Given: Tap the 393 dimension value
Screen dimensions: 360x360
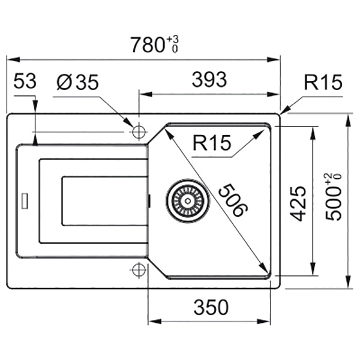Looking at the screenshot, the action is pyautogui.click(x=209, y=80).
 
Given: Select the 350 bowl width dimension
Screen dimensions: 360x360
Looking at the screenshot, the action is pyautogui.click(x=211, y=307).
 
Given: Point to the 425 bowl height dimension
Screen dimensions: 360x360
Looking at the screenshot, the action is pyautogui.click(x=298, y=203).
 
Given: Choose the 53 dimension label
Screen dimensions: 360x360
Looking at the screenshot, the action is pyautogui.click(x=25, y=81).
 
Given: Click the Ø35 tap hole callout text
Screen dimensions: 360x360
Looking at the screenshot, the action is pyautogui.click(x=77, y=82).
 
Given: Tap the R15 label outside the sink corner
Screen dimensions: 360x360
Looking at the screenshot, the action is pyautogui.click(x=323, y=82).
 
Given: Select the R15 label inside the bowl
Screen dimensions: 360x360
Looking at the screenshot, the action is pyautogui.click(x=212, y=143).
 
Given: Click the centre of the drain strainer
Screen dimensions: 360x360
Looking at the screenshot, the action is pyautogui.click(x=188, y=201).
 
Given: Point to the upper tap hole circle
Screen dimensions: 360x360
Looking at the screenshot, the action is pyautogui.click(x=139, y=132).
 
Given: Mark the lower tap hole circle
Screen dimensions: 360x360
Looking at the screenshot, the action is pyautogui.click(x=139, y=270).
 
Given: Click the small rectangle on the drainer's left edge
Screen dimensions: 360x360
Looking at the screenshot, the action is pyautogui.click(x=25, y=201).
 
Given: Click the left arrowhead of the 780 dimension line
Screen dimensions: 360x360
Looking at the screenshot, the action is pyautogui.click(x=13, y=60).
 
